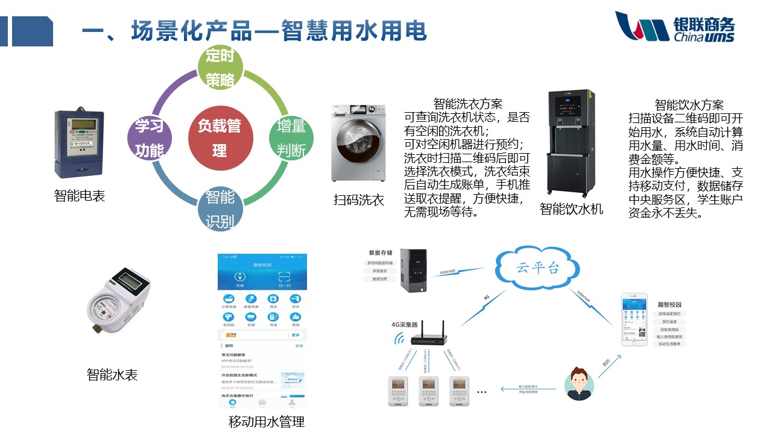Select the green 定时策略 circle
(x=220, y=68)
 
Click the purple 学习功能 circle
(x=150, y=137)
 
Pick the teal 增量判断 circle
(x=291, y=137)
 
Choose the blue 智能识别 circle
(x=220, y=209)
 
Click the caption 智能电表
(x=79, y=196)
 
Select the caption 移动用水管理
(x=267, y=421)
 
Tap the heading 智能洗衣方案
(x=467, y=104)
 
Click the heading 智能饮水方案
(x=689, y=105)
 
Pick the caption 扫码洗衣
(x=359, y=200)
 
